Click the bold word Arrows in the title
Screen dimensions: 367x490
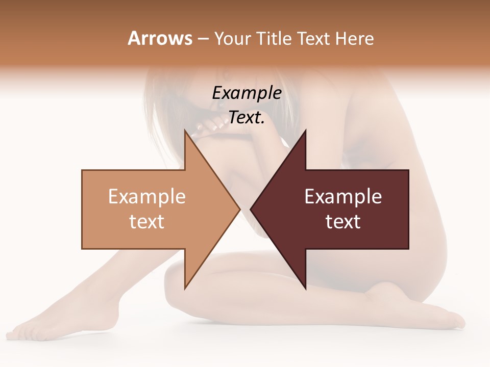click(159, 38)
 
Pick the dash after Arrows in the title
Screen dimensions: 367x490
click(203, 39)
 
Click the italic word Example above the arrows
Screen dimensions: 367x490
click(247, 93)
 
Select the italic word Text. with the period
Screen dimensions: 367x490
click(247, 117)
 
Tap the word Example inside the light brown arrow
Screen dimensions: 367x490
click(147, 196)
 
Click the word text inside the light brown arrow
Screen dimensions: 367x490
click(147, 221)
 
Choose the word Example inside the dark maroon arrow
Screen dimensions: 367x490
click(343, 196)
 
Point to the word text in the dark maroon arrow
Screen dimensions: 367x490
click(343, 221)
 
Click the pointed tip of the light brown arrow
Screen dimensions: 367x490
click(239, 209)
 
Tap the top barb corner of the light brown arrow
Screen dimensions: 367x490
click(185, 130)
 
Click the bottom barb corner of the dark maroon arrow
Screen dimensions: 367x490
click(305, 289)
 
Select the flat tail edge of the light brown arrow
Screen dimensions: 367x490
click(83, 209)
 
